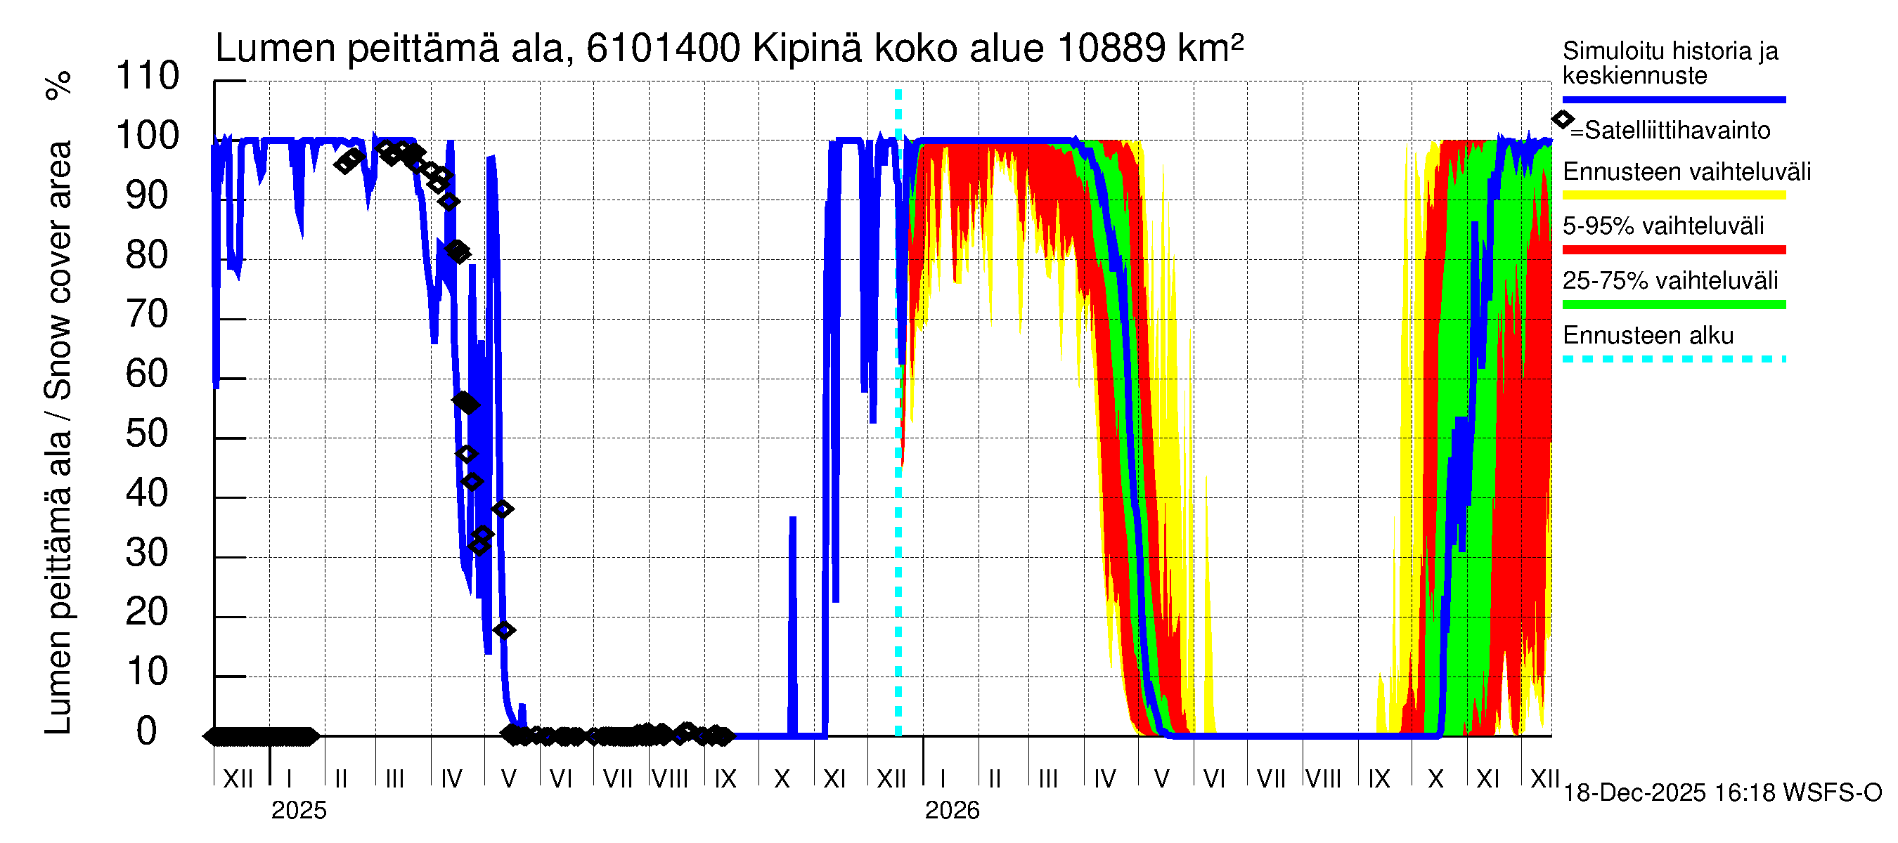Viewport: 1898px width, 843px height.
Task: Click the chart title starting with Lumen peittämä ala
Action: pyautogui.click(x=729, y=48)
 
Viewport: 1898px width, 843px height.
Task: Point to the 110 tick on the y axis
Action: pyautogui.click(x=148, y=77)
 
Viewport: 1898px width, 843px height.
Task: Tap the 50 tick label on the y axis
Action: pyautogui.click(x=148, y=434)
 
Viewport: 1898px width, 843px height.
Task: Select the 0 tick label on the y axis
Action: pyautogui.click(x=148, y=732)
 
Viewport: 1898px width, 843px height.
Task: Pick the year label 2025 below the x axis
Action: pyautogui.click(x=298, y=811)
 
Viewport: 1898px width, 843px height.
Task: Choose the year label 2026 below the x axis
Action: pyautogui.click(x=952, y=811)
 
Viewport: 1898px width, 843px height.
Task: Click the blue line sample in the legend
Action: pyautogui.click(x=1673, y=99)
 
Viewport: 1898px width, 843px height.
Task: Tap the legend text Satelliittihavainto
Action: pyautogui.click(x=1677, y=131)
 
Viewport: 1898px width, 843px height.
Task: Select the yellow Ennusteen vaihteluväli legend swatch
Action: pyautogui.click(x=1673, y=195)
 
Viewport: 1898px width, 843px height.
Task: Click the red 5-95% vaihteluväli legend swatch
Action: pyautogui.click(x=1673, y=249)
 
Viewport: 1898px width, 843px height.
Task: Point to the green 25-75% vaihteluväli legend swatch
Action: pyautogui.click(x=1673, y=304)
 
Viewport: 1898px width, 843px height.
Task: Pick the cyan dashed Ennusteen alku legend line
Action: pyautogui.click(x=1673, y=359)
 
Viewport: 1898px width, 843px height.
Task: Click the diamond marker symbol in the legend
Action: pyautogui.click(x=1562, y=119)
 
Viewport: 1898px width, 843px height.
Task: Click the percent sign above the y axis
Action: pyautogui.click(x=59, y=86)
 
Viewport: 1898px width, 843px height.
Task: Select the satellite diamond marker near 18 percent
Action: pyautogui.click(x=504, y=630)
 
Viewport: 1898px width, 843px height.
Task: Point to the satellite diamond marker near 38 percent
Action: pyautogui.click(x=503, y=509)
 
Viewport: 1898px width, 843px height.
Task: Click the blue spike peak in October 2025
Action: pyautogui.click(x=793, y=518)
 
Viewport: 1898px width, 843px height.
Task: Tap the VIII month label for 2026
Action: pyautogui.click(x=1323, y=779)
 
